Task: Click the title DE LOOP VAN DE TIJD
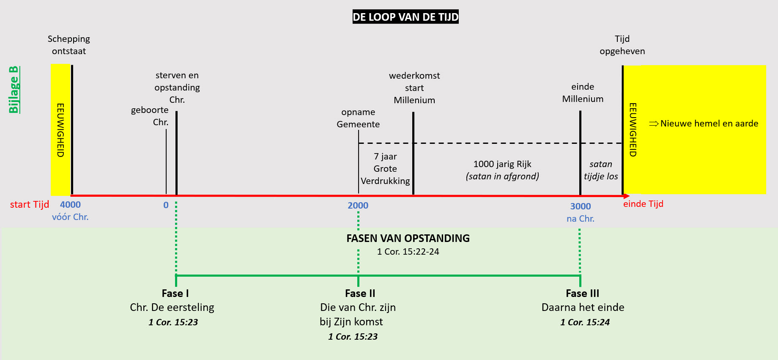[x=405, y=17]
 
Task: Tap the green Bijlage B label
[x=14, y=90]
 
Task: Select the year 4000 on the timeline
[x=70, y=205]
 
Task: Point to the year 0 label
[x=166, y=205]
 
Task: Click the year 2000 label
[x=358, y=206]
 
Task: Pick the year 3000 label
[x=580, y=206]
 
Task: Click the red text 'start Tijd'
[x=30, y=205]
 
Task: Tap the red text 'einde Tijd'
[x=643, y=204]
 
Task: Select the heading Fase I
[x=175, y=293]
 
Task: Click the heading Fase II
[x=360, y=293]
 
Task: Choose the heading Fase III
[x=582, y=293]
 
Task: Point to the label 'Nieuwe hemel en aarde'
[x=709, y=124]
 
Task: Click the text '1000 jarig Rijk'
[x=502, y=164]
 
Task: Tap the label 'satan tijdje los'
[x=601, y=170]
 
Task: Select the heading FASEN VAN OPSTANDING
[x=408, y=238]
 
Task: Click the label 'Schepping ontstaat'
[x=69, y=45]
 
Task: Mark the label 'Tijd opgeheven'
[x=622, y=45]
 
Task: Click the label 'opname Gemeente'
[x=358, y=118]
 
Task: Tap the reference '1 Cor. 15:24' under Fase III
[x=585, y=322]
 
